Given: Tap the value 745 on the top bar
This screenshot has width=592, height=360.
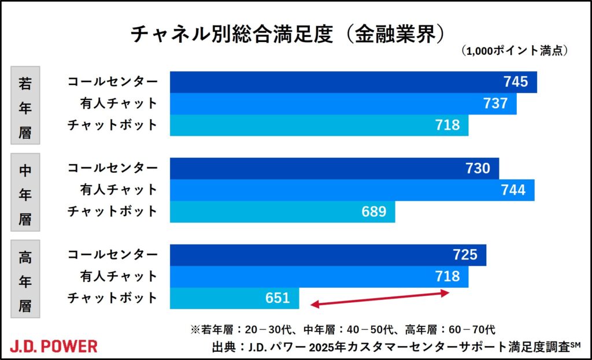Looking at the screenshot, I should tap(516, 82).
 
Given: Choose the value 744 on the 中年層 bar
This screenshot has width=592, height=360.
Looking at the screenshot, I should tap(513, 190).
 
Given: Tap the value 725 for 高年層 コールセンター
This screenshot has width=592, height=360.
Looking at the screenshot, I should tap(465, 255).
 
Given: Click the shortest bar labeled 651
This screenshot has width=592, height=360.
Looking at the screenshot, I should tap(234, 299).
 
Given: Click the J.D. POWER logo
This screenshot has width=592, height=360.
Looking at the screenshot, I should tap(54, 346).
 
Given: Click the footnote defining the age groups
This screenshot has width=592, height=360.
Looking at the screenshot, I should tap(342, 330).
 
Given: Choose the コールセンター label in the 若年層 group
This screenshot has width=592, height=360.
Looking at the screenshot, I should tap(112, 82).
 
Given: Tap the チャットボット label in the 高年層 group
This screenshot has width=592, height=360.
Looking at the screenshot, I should tap(112, 299).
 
